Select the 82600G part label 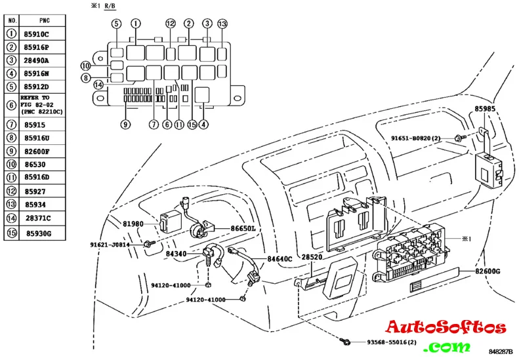488,271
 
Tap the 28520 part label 312,258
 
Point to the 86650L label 242,229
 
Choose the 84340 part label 177,253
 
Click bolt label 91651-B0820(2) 421,138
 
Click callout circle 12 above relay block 171,24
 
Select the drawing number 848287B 501,353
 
